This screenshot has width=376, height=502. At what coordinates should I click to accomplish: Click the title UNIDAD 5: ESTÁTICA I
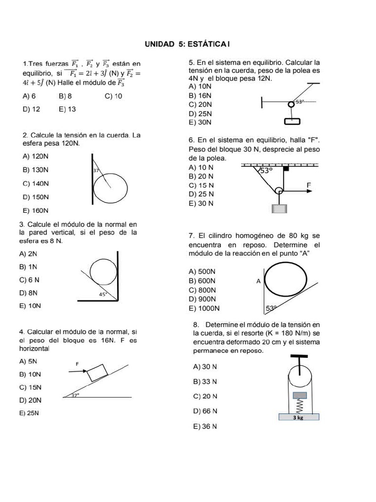pyautogui.click(x=188, y=45)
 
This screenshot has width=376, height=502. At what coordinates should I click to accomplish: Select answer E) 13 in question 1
pyautogui.click(x=67, y=109)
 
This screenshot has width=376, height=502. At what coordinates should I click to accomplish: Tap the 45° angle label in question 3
pyautogui.click(x=103, y=294)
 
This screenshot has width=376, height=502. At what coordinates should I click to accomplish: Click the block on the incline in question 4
pyautogui.click(x=98, y=373)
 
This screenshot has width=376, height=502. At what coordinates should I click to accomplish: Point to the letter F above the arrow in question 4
pyautogui.click(x=77, y=364)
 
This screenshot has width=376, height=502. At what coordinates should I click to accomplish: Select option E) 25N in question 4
pyautogui.click(x=29, y=413)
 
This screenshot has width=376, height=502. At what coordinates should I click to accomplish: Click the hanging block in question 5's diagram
pyautogui.click(x=292, y=121)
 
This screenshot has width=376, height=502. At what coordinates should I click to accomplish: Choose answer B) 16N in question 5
pyautogui.click(x=200, y=96)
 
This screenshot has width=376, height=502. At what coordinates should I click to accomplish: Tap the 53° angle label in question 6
pyautogui.click(x=265, y=171)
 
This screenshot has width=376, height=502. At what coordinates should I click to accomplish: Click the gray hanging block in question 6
pyautogui.click(x=279, y=208)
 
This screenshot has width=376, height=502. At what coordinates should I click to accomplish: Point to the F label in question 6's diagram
pyautogui.click(x=308, y=185)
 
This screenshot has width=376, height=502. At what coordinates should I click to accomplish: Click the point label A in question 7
pyautogui.click(x=258, y=281)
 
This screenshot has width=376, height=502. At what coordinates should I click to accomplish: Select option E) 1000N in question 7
pyautogui.click(x=204, y=308)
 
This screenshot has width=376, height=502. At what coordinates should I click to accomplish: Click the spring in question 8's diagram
pyautogui.click(x=299, y=405)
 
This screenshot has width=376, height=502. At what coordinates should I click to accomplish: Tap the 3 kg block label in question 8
pyautogui.click(x=298, y=418)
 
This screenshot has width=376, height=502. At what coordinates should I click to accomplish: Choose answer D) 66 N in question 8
pyautogui.click(x=205, y=411)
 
